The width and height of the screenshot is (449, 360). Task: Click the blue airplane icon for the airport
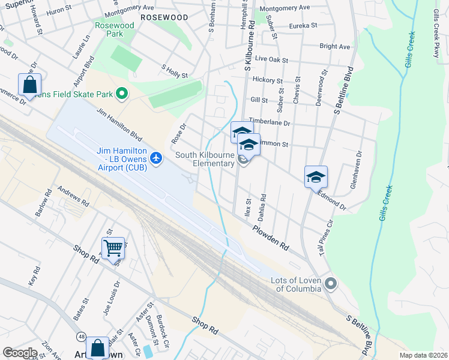[157, 157]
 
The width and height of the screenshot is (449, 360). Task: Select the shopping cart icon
[113, 247]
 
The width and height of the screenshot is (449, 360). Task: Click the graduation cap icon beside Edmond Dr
[316, 177]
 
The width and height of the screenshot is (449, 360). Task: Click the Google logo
[20, 352]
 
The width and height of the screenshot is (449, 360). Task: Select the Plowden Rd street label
[271, 238]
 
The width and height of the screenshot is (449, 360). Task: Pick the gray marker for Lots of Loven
[330, 283]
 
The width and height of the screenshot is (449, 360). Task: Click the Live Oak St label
[271, 60]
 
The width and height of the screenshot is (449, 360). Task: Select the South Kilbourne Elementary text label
[205, 160]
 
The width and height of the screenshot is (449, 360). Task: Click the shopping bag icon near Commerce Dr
[29, 85]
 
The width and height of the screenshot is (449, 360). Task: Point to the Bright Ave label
[334, 46]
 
